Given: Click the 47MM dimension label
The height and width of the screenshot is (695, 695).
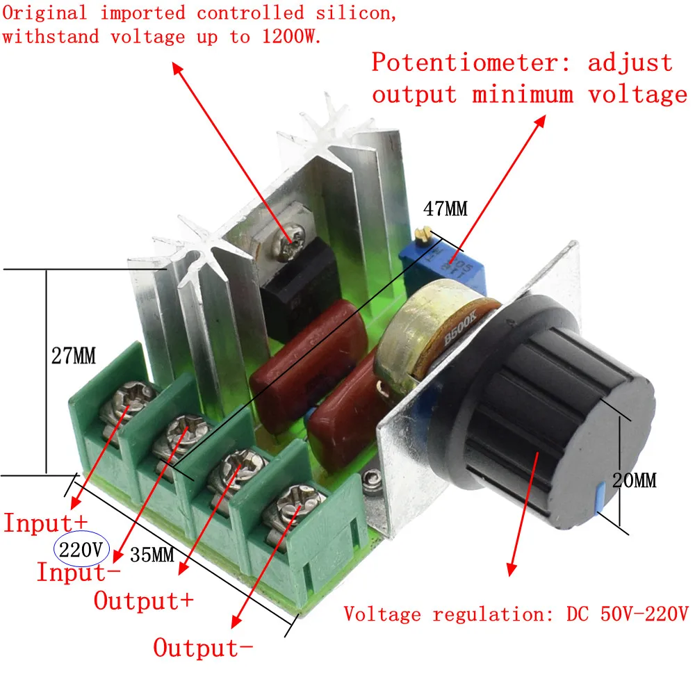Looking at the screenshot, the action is tap(445, 208).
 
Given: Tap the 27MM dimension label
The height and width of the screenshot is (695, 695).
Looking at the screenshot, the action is tap(74, 355).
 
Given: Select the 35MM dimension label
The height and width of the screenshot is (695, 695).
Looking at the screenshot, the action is tap(152, 555).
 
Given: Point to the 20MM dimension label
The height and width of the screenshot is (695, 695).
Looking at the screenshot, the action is tap(635, 480).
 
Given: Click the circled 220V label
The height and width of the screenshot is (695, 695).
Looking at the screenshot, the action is tap(81, 550).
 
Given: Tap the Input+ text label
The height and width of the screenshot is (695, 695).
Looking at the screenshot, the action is tap(46, 523).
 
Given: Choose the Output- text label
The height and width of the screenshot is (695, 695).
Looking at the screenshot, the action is tap(203, 648).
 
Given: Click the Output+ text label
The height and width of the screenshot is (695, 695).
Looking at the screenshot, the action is tap(144, 600).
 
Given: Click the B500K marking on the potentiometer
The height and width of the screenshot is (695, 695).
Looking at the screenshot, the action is tap(460, 328).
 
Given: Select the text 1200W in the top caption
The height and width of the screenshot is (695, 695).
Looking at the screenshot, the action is tap(291, 36).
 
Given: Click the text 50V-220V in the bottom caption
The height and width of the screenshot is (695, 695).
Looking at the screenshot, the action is tap(644, 614).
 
